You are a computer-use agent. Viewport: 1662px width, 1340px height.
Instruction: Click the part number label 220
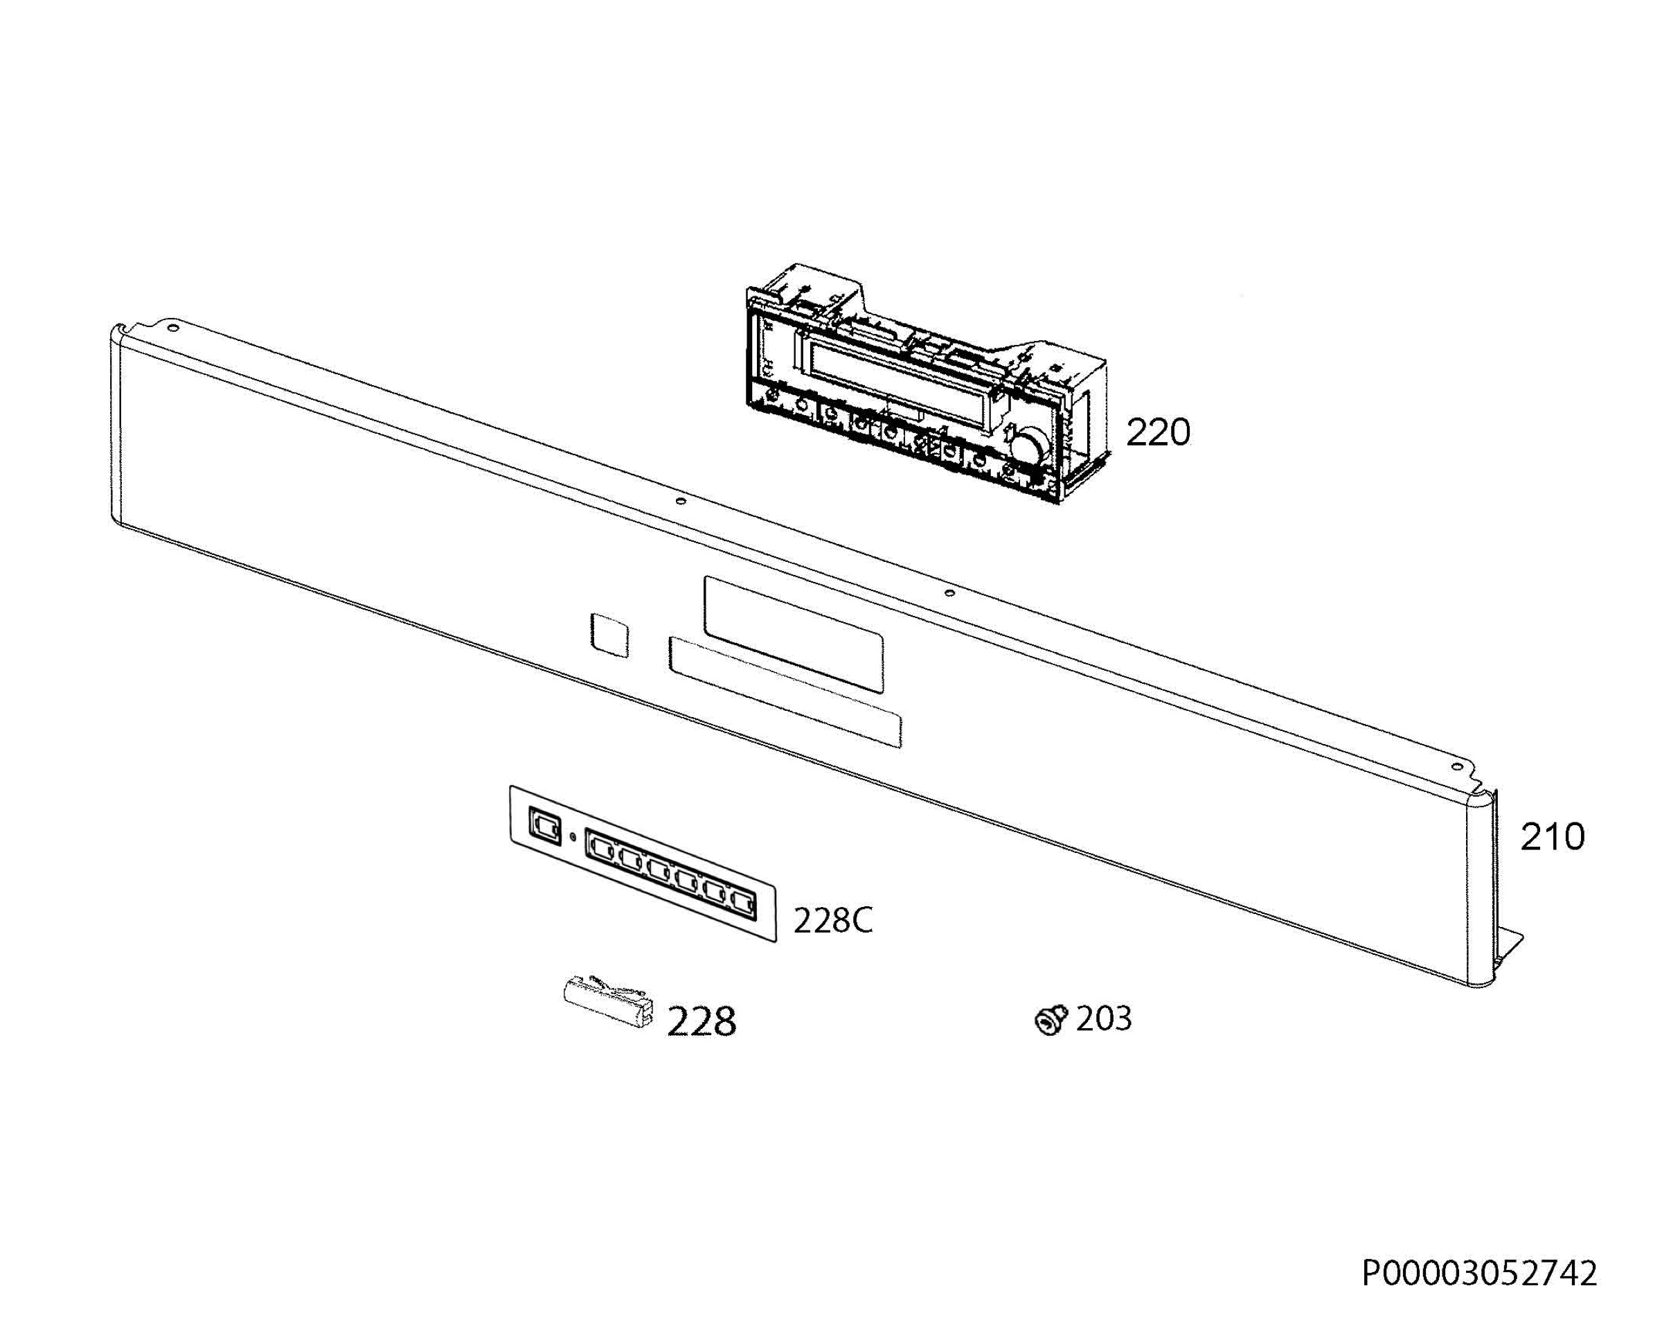point(1157,432)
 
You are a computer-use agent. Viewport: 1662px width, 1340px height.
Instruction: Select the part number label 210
point(1552,837)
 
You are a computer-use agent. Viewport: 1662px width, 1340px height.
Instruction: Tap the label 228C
point(832,920)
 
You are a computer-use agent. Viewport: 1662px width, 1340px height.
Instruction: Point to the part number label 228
point(701,1021)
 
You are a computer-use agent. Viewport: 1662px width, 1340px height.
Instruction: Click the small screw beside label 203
point(1050,1021)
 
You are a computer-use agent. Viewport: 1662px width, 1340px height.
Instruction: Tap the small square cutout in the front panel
point(609,635)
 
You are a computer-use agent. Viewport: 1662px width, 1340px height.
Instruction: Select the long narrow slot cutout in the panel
point(785,691)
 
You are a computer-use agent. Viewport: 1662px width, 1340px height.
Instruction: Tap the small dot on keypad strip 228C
point(572,837)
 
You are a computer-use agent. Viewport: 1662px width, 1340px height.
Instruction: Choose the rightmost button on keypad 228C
point(742,902)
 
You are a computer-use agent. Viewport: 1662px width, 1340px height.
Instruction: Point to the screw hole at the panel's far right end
point(1457,766)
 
